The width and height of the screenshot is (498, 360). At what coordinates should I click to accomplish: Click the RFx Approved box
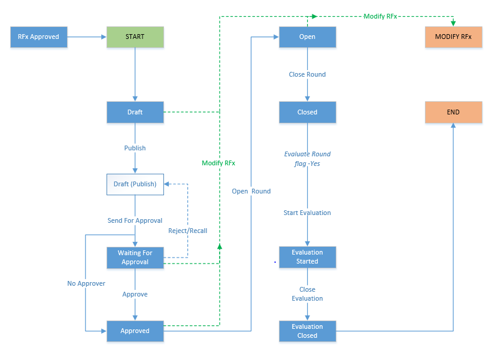point(39,37)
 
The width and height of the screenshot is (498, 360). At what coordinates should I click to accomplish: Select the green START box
point(135,37)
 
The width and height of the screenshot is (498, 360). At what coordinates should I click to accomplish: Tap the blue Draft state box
point(135,112)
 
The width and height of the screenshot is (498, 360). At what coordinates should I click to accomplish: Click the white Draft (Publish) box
point(135,184)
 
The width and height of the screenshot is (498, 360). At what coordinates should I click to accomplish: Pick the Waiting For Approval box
point(135,258)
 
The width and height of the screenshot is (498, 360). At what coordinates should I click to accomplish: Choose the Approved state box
point(135,331)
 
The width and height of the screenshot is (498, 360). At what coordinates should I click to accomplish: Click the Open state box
point(307,37)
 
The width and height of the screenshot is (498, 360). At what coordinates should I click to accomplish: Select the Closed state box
point(307,112)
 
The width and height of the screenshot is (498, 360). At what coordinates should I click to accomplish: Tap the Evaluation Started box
point(307,258)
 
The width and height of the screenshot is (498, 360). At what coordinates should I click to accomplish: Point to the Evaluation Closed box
point(307,331)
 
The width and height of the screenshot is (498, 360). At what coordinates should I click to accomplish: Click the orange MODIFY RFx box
point(453,37)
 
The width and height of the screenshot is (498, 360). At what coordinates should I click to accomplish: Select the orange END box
point(453,112)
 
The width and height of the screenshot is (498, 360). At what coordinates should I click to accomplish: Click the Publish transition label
point(135,148)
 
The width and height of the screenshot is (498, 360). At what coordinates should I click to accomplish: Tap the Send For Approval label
point(135,220)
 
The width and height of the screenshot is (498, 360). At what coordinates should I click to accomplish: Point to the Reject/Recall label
point(187,231)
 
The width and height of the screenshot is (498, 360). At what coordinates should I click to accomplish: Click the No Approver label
point(86,283)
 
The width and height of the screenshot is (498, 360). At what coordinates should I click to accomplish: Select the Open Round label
point(251,192)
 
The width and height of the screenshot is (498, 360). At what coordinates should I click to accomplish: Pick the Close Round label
point(307,75)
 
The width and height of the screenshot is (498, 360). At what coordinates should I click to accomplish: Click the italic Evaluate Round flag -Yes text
point(307,159)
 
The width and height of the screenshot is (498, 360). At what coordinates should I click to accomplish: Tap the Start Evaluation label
point(307,213)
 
